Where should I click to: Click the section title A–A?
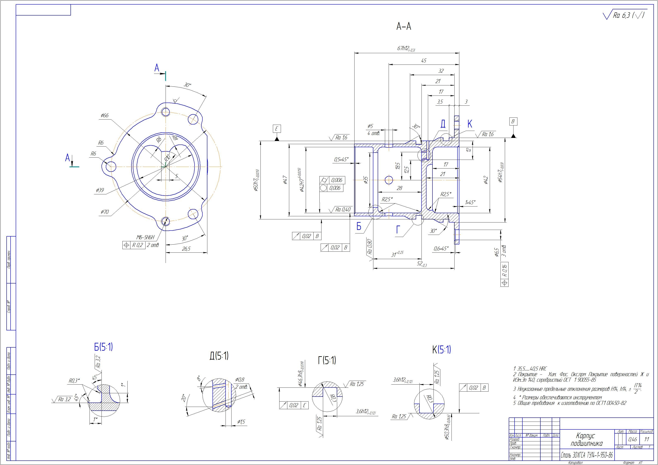(404, 27)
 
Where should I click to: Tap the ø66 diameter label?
(105, 116)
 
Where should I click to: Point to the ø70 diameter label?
(105, 212)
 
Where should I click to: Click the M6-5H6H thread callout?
(145, 237)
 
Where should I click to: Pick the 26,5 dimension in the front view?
(186, 249)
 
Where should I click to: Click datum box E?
(277, 129)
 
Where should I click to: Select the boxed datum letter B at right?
(513, 121)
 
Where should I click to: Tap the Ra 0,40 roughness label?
(343, 210)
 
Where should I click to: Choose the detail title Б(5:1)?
(103, 347)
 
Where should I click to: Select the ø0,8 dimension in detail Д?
(240, 380)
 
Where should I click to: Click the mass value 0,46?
(633, 439)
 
